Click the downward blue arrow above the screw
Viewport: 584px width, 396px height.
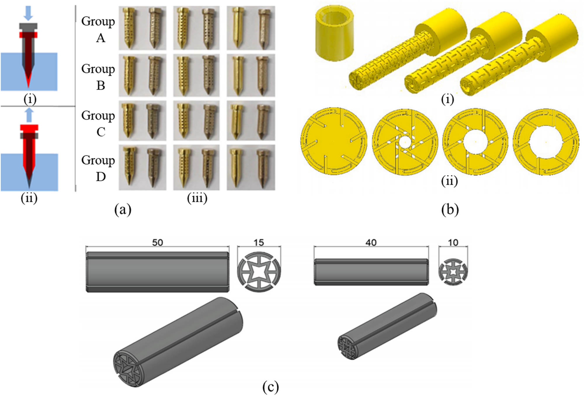(28, 13)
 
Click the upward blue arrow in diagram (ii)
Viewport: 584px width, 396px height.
(29, 115)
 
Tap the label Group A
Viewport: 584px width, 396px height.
(98, 29)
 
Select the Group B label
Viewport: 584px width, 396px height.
(98, 77)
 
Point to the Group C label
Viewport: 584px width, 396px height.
(98, 123)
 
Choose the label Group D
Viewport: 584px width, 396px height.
(98, 168)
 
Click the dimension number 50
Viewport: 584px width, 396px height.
(157, 243)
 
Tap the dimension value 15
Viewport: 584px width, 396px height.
(259, 243)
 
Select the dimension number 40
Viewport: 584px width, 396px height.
(371, 243)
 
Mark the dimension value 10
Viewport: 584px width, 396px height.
(453, 243)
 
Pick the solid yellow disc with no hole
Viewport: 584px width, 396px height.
(334, 141)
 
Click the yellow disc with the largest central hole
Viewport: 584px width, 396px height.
(546, 142)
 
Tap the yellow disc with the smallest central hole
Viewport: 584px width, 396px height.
(405, 142)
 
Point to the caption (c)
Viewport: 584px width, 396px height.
(270, 387)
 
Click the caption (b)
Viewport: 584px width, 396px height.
(450, 210)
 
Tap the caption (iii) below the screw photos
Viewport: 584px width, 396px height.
(197, 198)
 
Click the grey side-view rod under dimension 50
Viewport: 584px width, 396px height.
(157, 272)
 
